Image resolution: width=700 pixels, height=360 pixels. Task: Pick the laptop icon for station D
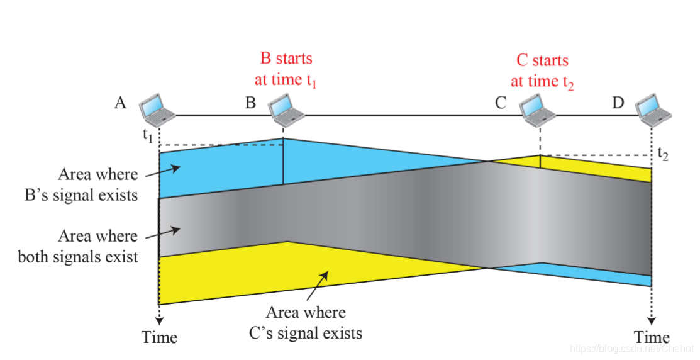pyautogui.click(x=652, y=108)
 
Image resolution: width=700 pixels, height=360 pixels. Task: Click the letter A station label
pyautogui.click(x=121, y=103)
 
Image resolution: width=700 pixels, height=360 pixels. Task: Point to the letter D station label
pyautogui.click(x=618, y=103)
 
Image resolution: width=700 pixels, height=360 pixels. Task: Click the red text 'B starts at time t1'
pyautogui.click(x=286, y=69)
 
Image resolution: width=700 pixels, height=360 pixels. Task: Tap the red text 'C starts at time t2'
pyautogui.click(x=542, y=70)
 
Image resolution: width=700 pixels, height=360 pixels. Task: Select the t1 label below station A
pyautogui.click(x=148, y=135)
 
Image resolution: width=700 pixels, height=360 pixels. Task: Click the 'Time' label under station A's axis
pyautogui.click(x=159, y=337)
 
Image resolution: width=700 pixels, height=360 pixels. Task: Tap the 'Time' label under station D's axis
pyautogui.click(x=652, y=337)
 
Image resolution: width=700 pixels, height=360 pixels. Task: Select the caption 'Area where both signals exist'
pyautogui.click(x=78, y=246)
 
